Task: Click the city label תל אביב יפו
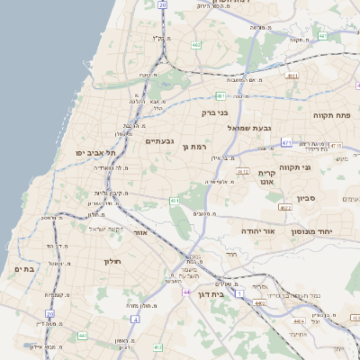click(x=93, y=153)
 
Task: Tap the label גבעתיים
click(x=159, y=140)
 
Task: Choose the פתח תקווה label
click(x=332, y=115)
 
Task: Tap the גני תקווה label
click(x=320, y=167)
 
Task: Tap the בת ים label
click(x=25, y=268)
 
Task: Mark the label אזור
click(x=139, y=232)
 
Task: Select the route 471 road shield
click(x=286, y=141)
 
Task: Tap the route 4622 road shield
click(x=285, y=207)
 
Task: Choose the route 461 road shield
click(x=174, y=201)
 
